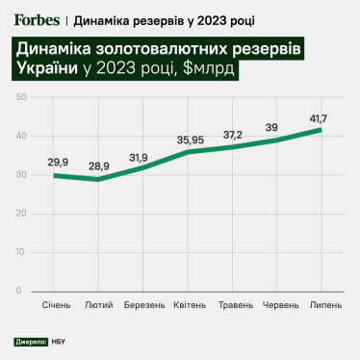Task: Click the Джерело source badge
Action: [31, 342]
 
